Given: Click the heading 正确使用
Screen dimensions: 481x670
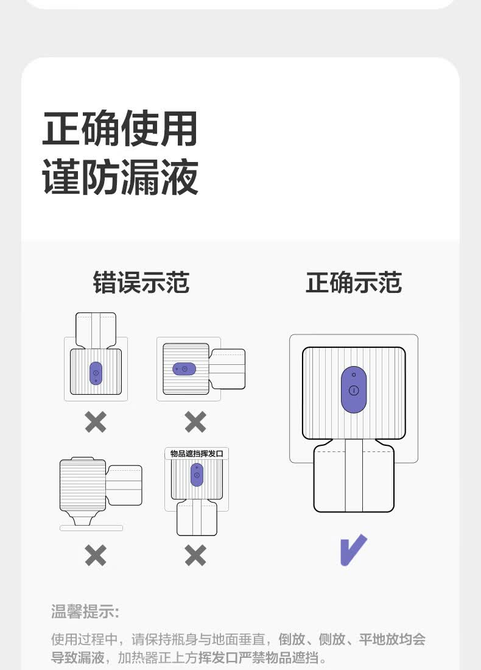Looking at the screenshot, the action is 120,129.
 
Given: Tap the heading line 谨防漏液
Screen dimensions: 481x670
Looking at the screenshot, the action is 120,177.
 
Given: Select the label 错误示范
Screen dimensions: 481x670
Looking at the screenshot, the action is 141,283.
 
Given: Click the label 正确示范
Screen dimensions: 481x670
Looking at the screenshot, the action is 353,283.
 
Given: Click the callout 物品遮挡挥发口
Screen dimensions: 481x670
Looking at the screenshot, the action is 197,454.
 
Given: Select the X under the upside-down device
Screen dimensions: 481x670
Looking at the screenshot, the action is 96,421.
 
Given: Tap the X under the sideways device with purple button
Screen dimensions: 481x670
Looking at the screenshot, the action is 195,421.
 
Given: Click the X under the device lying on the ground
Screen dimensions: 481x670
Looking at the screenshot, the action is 96,555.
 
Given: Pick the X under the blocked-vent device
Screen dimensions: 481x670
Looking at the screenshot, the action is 195,555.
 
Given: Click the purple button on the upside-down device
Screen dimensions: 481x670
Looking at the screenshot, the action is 96,373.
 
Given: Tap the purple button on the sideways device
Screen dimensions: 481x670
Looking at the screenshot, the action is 184,369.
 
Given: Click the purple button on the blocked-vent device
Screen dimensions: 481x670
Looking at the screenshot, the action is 197,474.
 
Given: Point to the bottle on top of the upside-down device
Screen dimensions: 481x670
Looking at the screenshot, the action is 96,330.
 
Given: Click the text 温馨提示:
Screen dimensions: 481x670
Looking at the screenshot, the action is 85,611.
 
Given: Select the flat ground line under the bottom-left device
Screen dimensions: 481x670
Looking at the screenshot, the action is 91,527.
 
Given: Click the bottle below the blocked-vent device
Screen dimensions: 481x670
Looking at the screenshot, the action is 197,519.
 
